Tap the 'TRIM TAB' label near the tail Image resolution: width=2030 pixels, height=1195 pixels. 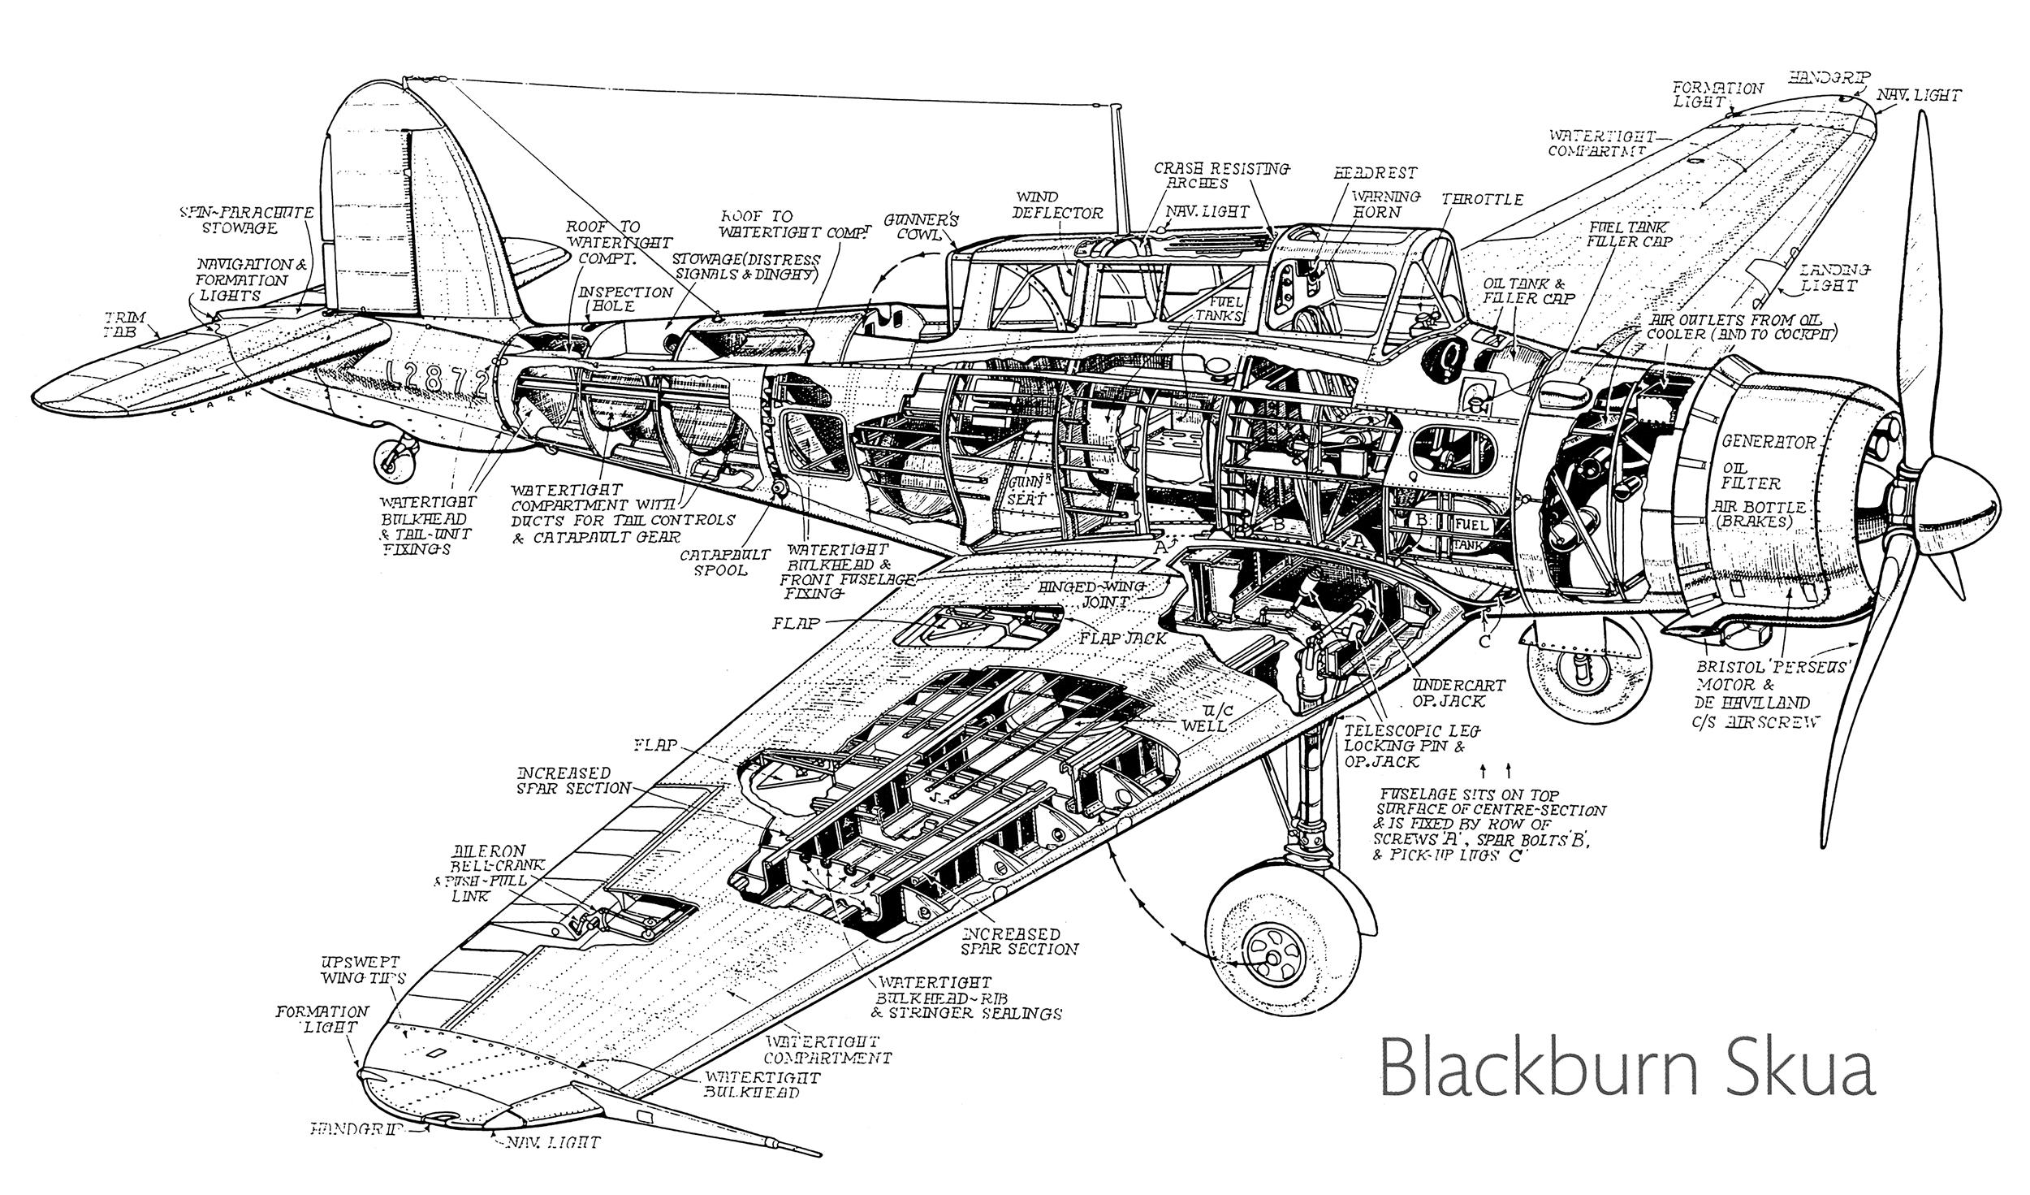[x=121, y=323]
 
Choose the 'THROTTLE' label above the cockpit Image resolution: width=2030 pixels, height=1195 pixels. [x=1482, y=200]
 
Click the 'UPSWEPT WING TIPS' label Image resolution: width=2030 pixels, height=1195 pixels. [x=362, y=968]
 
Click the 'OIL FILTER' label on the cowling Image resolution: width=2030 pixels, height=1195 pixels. [x=1750, y=474]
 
